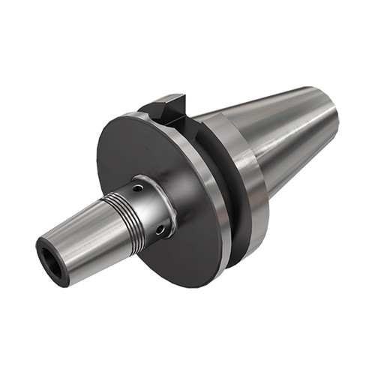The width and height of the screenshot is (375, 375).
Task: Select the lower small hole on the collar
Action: pos(159,231)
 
